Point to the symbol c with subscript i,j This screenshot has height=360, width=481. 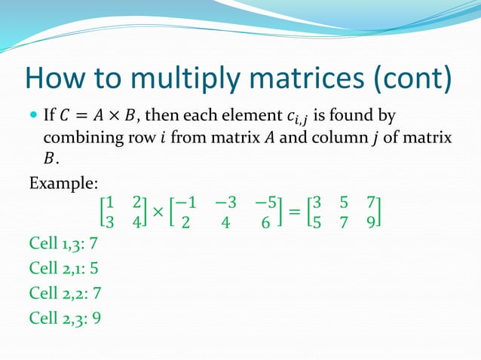coord(296,117)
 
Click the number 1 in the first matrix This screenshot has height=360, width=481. coord(110,203)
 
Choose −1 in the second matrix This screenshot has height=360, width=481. coord(188,203)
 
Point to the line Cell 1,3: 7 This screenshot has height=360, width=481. coord(64,244)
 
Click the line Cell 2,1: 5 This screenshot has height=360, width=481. coord(64,268)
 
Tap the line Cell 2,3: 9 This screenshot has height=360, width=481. coord(65,317)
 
